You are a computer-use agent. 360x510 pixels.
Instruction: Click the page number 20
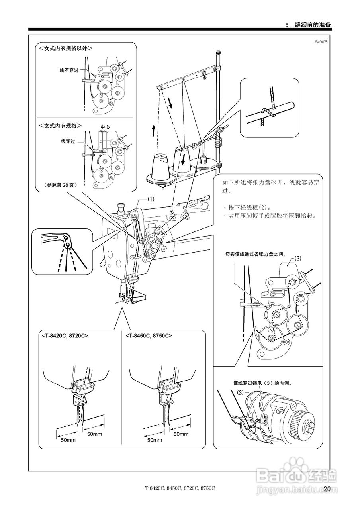(x=327, y=489)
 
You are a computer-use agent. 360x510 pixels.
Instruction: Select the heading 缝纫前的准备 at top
(x=313, y=25)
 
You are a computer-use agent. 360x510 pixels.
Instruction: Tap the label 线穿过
(x=68, y=141)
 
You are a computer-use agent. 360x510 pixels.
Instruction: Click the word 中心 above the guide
(x=105, y=127)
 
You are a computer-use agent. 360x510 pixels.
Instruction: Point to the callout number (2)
(x=298, y=258)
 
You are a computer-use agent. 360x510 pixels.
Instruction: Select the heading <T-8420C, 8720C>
(x=64, y=335)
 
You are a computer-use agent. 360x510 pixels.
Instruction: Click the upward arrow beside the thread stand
(x=153, y=130)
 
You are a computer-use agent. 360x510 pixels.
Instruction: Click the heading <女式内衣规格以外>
(x=66, y=48)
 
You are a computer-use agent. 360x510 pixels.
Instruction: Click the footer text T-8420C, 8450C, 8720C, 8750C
(x=180, y=488)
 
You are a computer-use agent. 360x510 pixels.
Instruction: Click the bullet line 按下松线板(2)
(x=248, y=208)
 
